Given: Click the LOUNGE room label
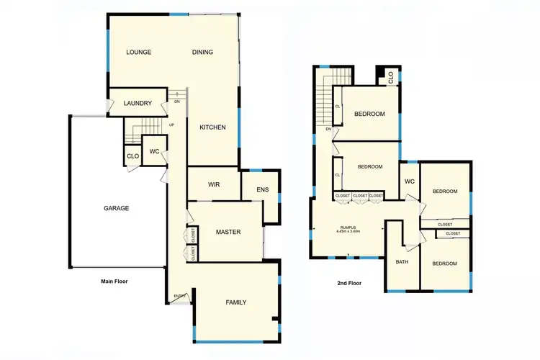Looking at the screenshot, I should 138,52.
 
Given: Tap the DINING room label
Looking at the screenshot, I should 204,52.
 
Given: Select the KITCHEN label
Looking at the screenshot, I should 212,127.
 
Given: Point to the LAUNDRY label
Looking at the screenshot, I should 138,104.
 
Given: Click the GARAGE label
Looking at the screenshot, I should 116,208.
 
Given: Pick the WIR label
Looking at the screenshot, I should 214,185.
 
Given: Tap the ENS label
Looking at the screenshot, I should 263,190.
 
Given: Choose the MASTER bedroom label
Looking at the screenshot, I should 228,232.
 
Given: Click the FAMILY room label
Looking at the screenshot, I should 235,302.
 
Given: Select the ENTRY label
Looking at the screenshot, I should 179,296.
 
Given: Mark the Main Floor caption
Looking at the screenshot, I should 114,282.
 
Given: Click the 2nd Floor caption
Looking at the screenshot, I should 349,283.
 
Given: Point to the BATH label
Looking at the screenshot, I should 402,261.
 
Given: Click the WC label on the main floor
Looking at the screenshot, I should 154,152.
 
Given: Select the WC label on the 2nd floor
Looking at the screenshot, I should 410,181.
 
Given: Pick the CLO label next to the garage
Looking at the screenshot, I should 132,156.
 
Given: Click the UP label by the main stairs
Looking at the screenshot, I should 171,125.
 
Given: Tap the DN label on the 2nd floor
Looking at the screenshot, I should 328,129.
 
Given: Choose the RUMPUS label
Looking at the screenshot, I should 348,228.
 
